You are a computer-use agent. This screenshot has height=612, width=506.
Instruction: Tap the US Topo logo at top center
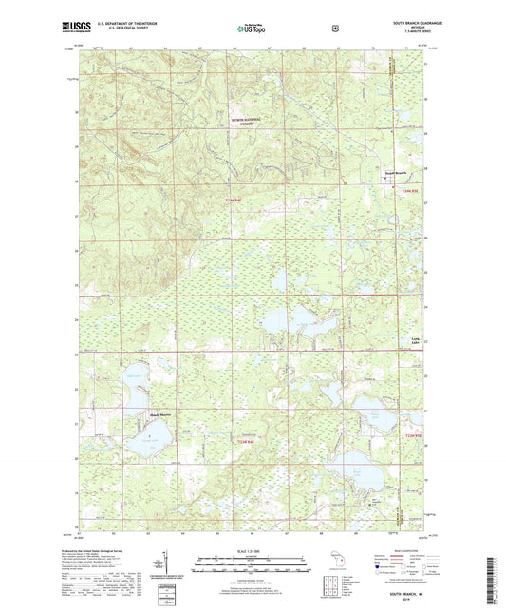click(252, 29)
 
